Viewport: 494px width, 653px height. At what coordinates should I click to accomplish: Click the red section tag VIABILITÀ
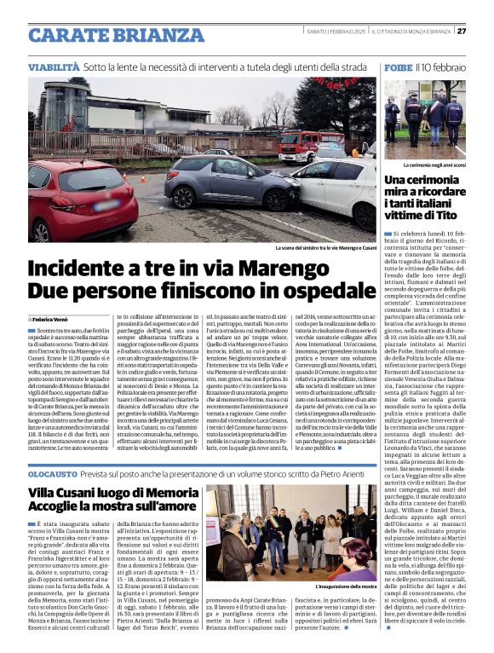54,66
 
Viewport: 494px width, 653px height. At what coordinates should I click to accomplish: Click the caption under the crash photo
325,248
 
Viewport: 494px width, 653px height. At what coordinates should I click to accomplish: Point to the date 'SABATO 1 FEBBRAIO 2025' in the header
339,32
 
